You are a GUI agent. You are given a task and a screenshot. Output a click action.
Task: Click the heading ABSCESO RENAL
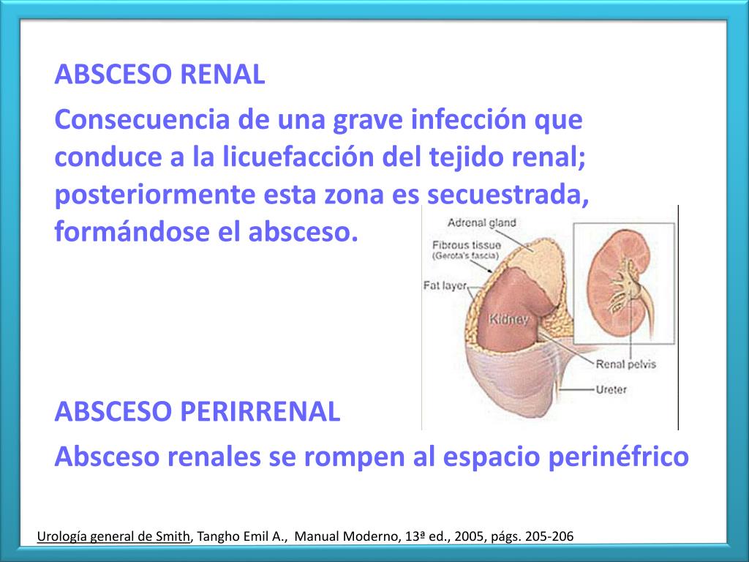159,75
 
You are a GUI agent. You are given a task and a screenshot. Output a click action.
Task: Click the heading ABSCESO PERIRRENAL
197,412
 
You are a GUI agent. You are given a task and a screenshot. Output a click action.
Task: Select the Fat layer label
445,286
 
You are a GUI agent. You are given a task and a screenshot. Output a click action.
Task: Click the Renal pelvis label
626,364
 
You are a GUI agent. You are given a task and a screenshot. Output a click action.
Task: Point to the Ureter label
611,390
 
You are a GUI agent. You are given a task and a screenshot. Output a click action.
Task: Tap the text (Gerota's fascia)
465,257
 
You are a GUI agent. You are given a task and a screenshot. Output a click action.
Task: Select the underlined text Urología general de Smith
113,536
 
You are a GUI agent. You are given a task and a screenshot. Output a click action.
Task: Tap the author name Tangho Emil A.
241,536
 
